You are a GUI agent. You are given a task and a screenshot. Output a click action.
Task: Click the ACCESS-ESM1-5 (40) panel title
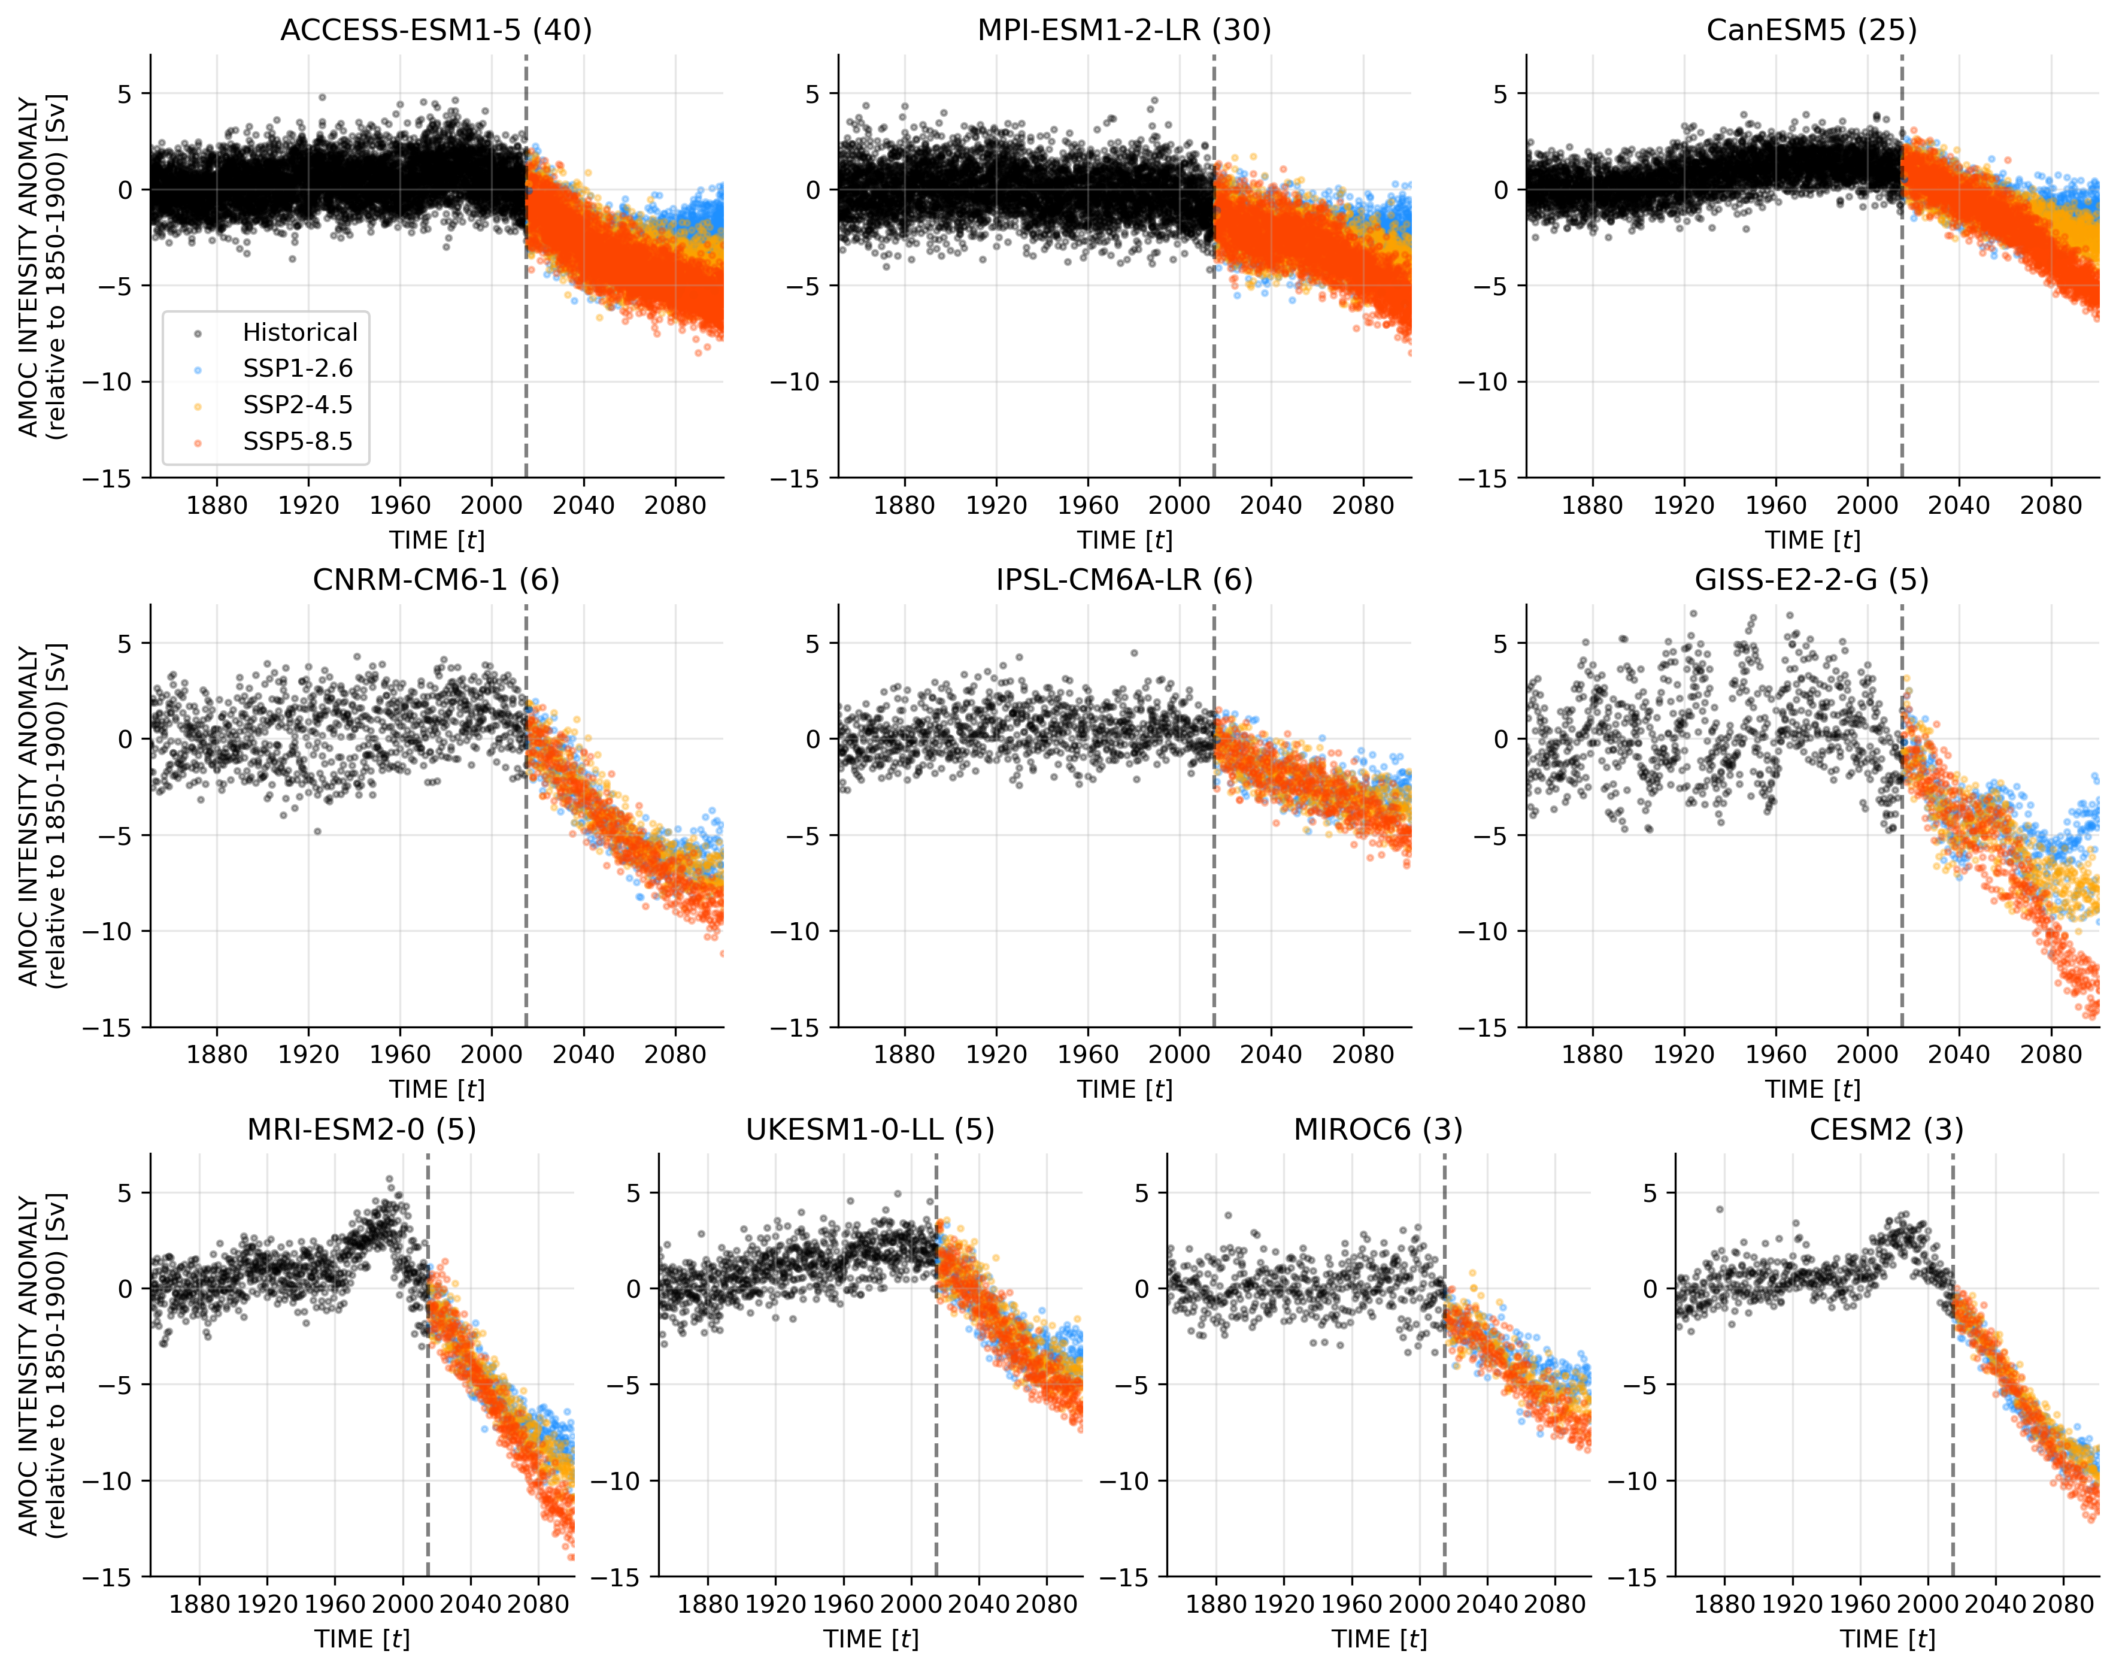pos(436,31)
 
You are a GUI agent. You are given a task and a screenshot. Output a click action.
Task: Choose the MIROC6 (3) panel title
pos(1378,1129)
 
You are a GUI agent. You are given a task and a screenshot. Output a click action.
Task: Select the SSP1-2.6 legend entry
pos(297,368)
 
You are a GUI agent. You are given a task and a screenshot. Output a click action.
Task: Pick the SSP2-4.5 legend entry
pos(297,405)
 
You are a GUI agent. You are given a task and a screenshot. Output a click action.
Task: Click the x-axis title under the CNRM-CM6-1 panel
pos(436,1089)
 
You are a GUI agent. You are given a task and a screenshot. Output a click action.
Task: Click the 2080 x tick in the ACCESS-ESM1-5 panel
pos(675,505)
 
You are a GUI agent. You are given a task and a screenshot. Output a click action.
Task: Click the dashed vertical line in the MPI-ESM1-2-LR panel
pos(1214,293)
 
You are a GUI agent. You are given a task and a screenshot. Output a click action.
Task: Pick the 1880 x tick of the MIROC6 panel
pos(1216,1604)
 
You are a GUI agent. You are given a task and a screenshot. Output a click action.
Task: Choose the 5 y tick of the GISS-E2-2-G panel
pos(1500,643)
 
